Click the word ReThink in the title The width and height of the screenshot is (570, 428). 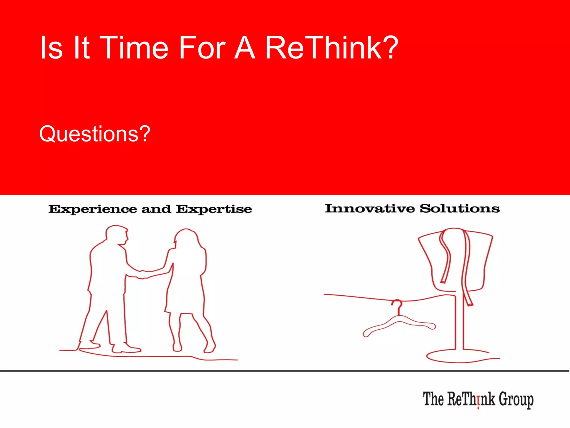click(x=323, y=48)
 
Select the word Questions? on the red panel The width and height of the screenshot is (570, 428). click(x=95, y=134)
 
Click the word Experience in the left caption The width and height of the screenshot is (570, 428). click(x=93, y=209)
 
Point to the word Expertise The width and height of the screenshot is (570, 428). click(x=214, y=209)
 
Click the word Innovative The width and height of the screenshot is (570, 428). click(x=370, y=208)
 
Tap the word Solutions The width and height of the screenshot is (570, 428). click(x=460, y=208)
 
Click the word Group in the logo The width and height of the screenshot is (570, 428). click(x=516, y=400)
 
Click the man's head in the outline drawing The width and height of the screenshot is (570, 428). click(x=116, y=234)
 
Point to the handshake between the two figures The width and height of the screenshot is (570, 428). click(x=143, y=274)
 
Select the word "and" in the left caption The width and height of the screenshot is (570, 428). click(x=156, y=209)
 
